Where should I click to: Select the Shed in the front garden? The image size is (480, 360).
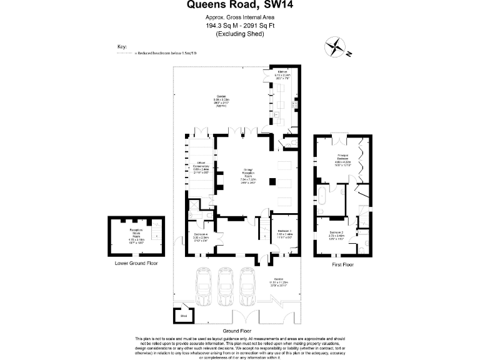click(183, 315)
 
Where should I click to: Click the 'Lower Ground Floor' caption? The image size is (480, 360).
click(136, 264)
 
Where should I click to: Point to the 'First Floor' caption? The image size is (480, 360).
click(342, 265)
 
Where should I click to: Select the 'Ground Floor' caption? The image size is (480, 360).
click(237, 330)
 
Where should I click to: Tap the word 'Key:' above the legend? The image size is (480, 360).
click(122, 47)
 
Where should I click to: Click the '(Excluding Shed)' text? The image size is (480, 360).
click(240, 34)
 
